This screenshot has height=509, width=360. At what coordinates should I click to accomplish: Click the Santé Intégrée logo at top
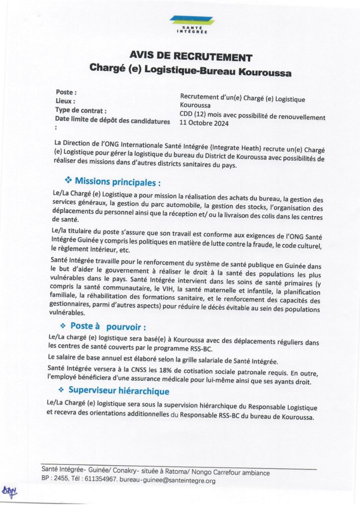pyautogui.click(x=191, y=24)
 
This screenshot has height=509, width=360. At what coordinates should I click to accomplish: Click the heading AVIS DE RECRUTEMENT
pyautogui.click(x=190, y=57)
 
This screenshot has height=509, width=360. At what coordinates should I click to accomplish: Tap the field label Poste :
pyautogui.click(x=66, y=92)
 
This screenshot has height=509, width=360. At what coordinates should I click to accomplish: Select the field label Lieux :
pyautogui.click(x=66, y=101)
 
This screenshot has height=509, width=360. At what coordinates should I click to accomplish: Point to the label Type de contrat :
pyautogui.click(x=81, y=110)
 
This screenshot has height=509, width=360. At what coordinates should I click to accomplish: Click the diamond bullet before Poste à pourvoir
pyautogui.click(x=63, y=326)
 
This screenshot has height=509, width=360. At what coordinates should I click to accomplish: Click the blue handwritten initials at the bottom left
pyautogui.click(x=10, y=492)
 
